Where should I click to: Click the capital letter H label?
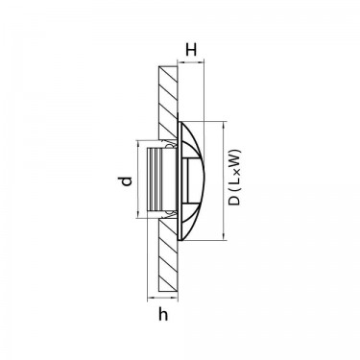point(191,50)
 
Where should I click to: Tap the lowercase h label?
point(163,315)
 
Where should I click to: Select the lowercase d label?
point(127,180)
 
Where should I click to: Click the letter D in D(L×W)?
point(235,201)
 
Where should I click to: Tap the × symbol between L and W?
point(236,172)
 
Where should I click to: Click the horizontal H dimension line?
point(190,62)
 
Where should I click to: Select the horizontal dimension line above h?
point(162,299)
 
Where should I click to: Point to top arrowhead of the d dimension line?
point(138,143)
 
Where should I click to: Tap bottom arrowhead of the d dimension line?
point(138,215)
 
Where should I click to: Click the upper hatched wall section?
point(168,103)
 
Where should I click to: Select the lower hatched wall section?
point(168,255)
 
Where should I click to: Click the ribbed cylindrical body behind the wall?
point(161,180)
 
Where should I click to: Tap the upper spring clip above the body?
point(171,144)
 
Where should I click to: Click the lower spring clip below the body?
point(171,215)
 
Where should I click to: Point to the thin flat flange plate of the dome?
point(180,180)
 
